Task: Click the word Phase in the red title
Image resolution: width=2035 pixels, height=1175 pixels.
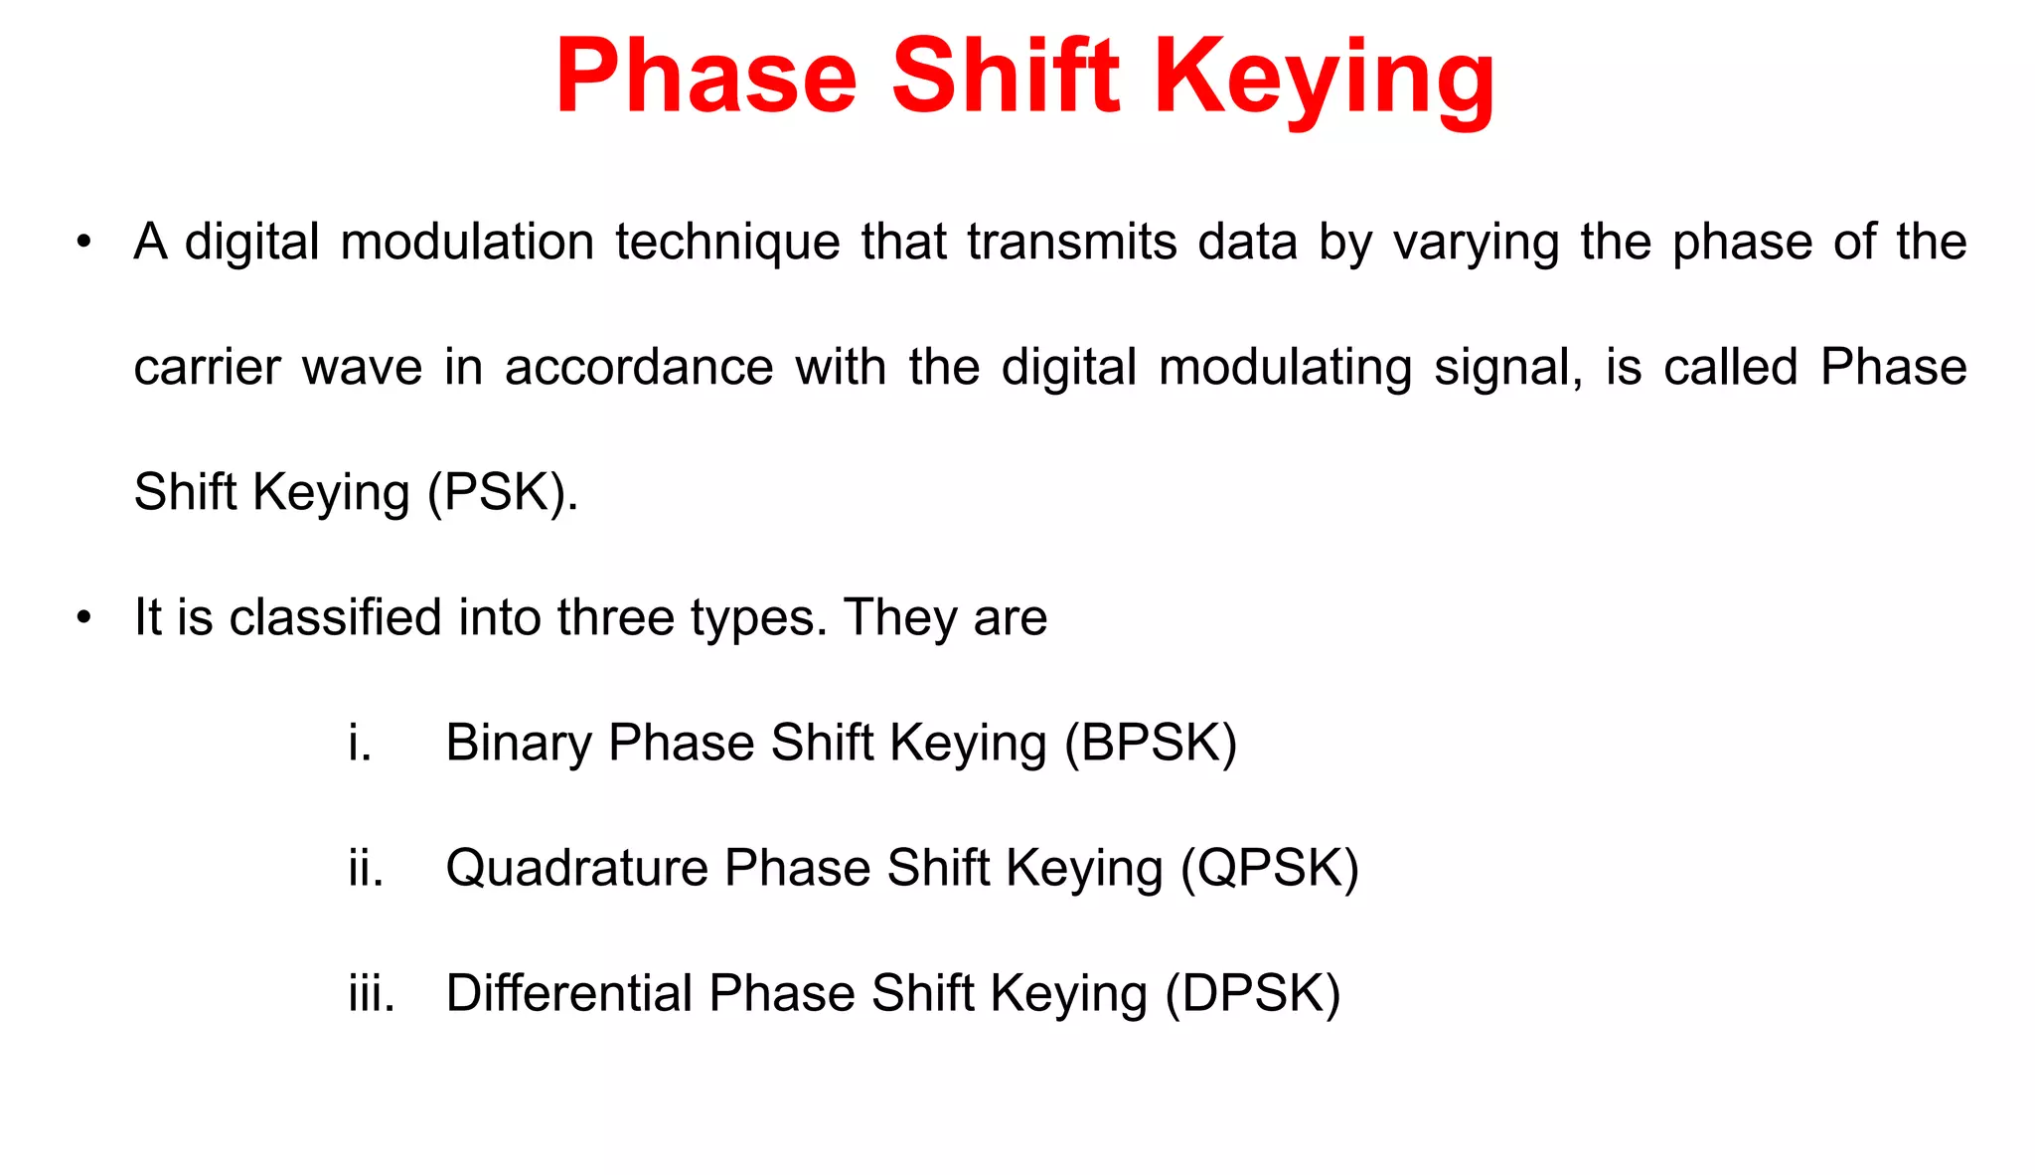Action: pyautogui.click(x=705, y=78)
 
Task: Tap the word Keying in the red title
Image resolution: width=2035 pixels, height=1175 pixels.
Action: pyautogui.click(x=1324, y=78)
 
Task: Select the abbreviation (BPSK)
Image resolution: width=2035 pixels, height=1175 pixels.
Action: pyautogui.click(x=1151, y=743)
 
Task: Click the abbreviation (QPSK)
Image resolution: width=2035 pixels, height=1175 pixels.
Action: pyautogui.click(x=1269, y=868)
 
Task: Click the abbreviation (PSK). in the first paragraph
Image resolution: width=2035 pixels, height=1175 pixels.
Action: pyautogui.click(x=503, y=492)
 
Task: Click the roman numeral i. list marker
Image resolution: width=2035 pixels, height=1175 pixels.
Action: pyautogui.click(x=360, y=743)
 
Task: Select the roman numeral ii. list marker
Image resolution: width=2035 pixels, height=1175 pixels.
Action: pyautogui.click(x=366, y=868)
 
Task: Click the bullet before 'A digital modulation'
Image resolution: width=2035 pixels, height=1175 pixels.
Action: pyautogui.click(x=84, y=243)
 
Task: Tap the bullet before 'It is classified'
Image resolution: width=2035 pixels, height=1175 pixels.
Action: pyautogui.click(x=84, y=617)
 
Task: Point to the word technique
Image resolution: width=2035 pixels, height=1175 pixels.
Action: pyautogui.click(x=727, y=243)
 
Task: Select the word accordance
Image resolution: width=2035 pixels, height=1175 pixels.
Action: pyautogui.click(x=639, y=368)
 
